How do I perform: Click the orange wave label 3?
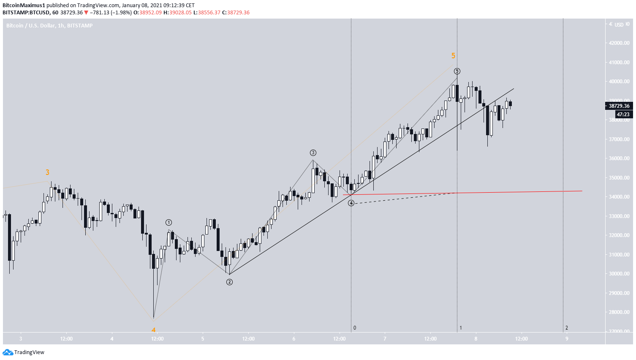(x=47, y=172)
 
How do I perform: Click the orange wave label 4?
(x=154, y=330)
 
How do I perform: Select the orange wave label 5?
(x=453, y=56)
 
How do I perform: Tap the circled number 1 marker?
(x=169, y=223)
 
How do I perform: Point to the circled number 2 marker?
(x=229, y=282)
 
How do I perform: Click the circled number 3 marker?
(x=313, y=153)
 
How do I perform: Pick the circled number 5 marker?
(x=457, y=71)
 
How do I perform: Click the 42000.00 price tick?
(x=619, y=43)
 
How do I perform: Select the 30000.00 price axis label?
(x=619, y=274)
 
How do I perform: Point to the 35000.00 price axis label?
(x=619, y=178)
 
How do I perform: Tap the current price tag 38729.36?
(x=619, y=106)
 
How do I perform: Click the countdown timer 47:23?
(x=623, y=115)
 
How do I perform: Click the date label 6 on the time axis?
(x=294, y=339)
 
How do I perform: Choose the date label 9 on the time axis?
(x=567, y=339)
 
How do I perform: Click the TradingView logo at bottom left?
(x=24, y=352)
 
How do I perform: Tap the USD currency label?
(x=619, y=25)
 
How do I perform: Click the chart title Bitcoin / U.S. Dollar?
(x=31, y=26)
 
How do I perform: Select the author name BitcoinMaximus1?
(x=24, y=5)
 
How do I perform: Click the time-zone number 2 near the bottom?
(x=567, y=328)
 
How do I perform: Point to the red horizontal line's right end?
(x=582, y=191)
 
